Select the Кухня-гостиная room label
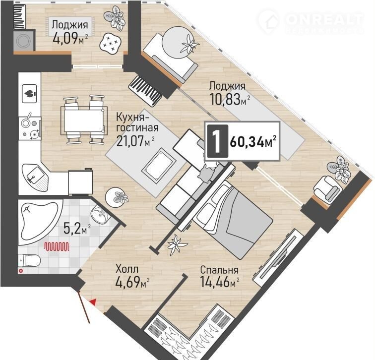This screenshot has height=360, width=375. (137, 122)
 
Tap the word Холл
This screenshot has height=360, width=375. (127, 269)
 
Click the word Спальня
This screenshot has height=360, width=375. (219, 270)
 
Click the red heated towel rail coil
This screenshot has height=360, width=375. (57, 246)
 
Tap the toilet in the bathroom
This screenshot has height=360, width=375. (29, 260)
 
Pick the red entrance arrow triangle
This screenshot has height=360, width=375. (93, 302)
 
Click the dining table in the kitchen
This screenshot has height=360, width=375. (84, 120)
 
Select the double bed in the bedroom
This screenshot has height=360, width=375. (233, 219)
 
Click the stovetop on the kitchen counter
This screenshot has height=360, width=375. (30, 128)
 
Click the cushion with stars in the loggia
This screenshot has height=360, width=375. (111, 43)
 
